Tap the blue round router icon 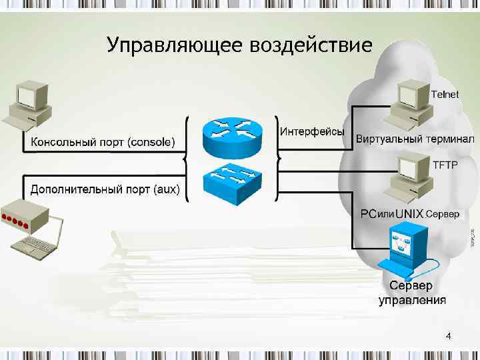[231, 135]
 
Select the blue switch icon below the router [231, 180]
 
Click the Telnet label [445, 94]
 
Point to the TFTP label [445, 165]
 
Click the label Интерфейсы [312, 131]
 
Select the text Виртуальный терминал [415, 139]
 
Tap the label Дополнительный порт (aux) [105, 189]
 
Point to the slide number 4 [448, 336]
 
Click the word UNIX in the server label [409, 214]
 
